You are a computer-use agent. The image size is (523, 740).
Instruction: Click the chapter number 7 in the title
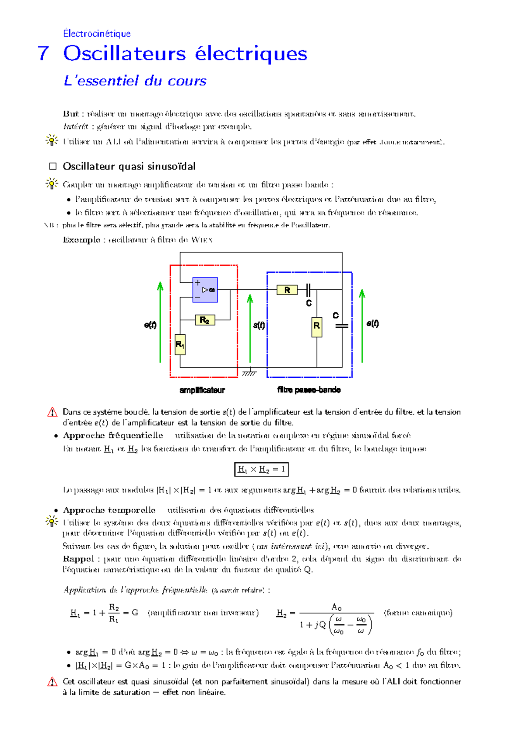click(x=43, y=54)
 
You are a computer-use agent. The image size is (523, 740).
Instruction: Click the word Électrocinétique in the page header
click(x=96, y=34)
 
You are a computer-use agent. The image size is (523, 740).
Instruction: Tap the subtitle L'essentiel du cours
click(x=135, y=81)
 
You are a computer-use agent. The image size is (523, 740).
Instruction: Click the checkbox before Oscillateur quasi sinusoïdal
click(x=53, y=166)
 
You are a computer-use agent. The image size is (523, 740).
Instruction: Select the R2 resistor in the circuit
click(x=205, y=320)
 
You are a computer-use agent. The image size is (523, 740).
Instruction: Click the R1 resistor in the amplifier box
click(x=180, y=344)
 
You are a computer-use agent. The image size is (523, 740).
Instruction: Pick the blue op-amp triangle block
click(x=205, y=290)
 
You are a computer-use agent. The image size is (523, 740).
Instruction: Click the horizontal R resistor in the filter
click(x=287, y=290)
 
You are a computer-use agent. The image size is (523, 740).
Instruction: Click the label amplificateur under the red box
click(x=202, y=390)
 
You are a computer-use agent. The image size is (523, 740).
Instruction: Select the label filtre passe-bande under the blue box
click(x=309, y=390)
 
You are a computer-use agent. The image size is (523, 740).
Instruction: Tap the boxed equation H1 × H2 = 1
click(x=261, y=469)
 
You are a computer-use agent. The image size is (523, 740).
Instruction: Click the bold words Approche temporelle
click(x=109, y=510)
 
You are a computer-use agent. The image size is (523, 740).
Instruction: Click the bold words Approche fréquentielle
click(x=113, y=435)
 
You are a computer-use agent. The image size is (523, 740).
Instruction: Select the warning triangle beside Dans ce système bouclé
click(x=52, y=412)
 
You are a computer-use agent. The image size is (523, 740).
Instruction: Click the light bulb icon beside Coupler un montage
click(x=51, y=184)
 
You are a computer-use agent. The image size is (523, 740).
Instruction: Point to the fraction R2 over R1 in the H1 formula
click(x=114, y=613)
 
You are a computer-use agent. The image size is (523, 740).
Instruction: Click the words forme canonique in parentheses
click(x=418, y=613)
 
